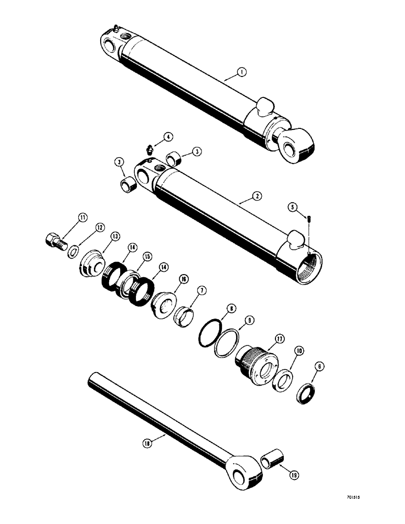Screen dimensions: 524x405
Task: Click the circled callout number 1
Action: [240, 73]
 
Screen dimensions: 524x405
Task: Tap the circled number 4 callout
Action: [168, 137]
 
